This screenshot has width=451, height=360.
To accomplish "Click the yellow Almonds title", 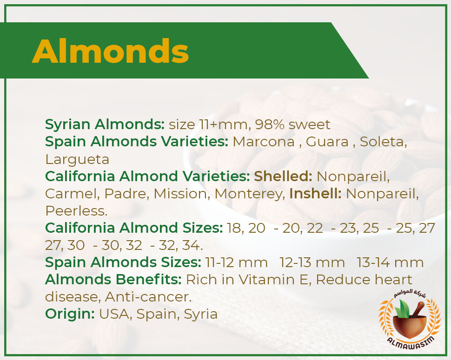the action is pyautogui.click(x=111, y=51).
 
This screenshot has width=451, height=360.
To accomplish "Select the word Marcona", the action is pyautogui.click(x=264, y=142).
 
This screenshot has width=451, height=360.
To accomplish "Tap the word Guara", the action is pyautogui.click(x=327, y=142).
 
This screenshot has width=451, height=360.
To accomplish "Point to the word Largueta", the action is pyautogui.click(x=77, y=159).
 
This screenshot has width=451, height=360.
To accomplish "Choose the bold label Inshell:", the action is pyautogui.click(x=315, y=194).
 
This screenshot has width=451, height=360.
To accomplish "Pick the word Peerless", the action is pyautogui.click(x=76, y=211).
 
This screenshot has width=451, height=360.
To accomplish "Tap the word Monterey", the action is pyautogui.click(x=249, y=194).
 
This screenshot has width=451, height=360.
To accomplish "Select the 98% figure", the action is pyautogui.click(x=270, y=124).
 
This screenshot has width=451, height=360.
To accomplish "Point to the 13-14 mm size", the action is pyautogui.click(x=390, y=262).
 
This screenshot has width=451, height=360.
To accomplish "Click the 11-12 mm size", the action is pyautogui.click(x=236, y=262).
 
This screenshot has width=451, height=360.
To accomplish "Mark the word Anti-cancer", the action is pyautogui.click(x=148, y=297).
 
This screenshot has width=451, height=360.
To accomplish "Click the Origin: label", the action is pyautogui.click(x=70, y=314).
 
